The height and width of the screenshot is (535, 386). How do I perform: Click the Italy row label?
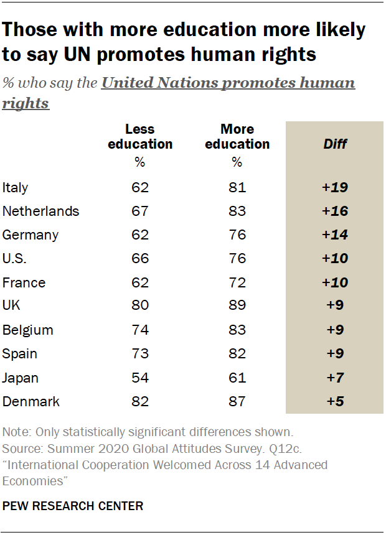pos(16,187)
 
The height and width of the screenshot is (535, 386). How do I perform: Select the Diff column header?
pos(335,144)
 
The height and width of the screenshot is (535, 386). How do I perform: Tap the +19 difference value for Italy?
pos(335,187)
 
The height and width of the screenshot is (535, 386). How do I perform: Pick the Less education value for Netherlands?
pos(140,211)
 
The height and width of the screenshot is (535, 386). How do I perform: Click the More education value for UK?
pos(237,306)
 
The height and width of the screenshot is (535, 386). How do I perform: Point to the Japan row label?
pos(21,378)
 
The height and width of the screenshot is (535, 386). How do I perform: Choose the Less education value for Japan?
pos(140,378)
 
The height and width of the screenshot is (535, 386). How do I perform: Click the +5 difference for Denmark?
pos(335,401)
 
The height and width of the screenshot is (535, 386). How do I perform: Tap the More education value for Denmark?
pos(237,401)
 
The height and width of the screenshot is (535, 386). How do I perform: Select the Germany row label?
pos(31,235)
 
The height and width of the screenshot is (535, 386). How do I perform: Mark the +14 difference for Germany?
pos(335,235)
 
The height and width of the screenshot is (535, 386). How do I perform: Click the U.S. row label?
pos(15,259)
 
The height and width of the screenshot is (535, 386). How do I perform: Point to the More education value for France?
pos(237,282)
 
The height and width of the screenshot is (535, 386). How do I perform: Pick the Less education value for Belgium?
pos(140,330)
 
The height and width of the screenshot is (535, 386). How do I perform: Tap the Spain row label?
pos(20,354)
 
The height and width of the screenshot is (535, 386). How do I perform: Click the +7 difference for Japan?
pos(335,378)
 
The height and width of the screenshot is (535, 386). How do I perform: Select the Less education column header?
pos(140,137)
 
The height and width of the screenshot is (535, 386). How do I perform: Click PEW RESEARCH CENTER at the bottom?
pos(73,506)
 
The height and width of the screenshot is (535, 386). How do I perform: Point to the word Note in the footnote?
pos(15,432)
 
